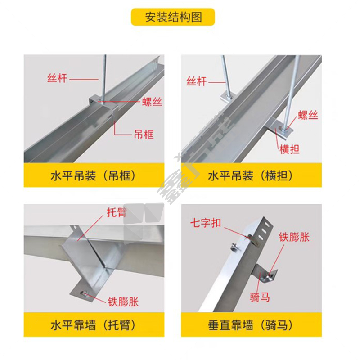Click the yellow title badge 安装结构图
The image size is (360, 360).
pyautogui.click(x=173, y=17)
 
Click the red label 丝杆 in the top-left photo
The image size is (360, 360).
pyautogui.click(x=57, y=78)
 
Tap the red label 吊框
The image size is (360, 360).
pyautogui.click(x=144, y=135)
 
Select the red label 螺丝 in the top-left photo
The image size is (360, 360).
pyautogui.click(x=152, y=102)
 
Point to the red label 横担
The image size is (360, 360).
pyautogui.click(x=289, y=149)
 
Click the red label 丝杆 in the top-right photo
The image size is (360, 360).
pyautogui.click(x=197, y=81)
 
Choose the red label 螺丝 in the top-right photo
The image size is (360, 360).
pyautogui.click(x=308, y=115)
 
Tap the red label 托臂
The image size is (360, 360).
pyautogui.click(x=117, y=212)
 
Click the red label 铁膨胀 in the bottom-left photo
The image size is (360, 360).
pyautogui.click(x=123, y=301)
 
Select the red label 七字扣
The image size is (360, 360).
pyautogui.click(x=206, y=223)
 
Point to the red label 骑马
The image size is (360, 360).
pyautogui.click(x=260, y=297)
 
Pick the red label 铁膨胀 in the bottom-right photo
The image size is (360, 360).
pyautogui.click(x=294, y=237)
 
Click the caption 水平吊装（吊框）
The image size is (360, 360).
pyautogui.click(x=94, y=176)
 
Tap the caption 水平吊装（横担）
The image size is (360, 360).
pyautogui.click(x=251, y=176)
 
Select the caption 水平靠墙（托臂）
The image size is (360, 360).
pyautogui.click(x=94, y=325)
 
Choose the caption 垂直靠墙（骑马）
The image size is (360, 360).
pyautogui.click(x=251, y=325)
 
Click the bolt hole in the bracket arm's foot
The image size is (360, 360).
pyautogui.click(x=85, y=293)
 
